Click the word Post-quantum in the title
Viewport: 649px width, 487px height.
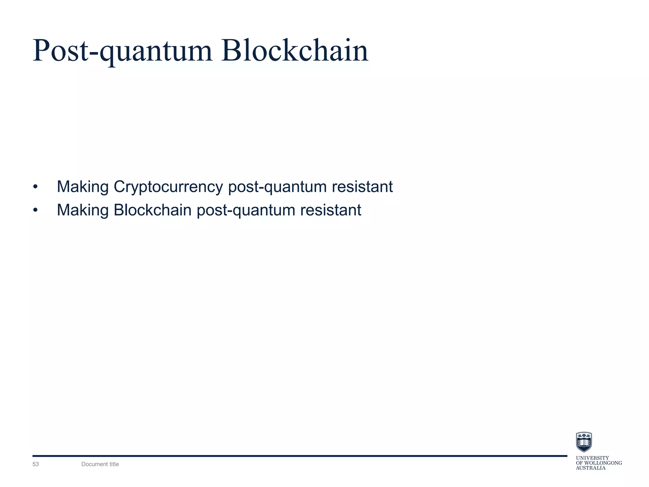click(122, 51)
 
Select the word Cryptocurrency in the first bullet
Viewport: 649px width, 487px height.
click(168, 187)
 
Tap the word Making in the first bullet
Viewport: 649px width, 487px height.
click(83, 187)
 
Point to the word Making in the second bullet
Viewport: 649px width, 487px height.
click(83, 210)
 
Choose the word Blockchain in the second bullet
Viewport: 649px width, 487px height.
click(152, 210)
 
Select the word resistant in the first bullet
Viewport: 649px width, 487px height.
click(362, 187)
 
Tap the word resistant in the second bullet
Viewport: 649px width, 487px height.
click(331, 210)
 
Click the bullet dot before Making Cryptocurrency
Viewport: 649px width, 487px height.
click(35, 187)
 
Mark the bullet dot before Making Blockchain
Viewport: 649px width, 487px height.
click(35, 211)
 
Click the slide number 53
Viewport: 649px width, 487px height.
click(35, 464)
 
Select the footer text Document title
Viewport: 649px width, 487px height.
click(100, 464)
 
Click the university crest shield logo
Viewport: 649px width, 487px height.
click(584, 442)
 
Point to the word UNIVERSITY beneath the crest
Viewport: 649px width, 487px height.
click(592, 458)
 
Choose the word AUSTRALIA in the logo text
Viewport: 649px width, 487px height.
click(590, 468)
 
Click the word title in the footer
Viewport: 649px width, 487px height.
click(113, 464)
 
